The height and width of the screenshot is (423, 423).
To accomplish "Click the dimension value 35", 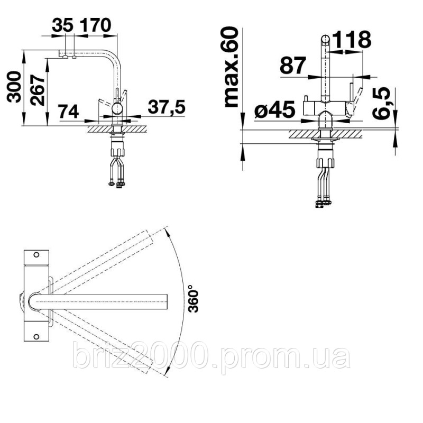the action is click(62, 25).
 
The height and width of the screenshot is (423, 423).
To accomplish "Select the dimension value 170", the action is click(96, 25).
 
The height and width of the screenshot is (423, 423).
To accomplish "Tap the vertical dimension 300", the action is click(14, 87).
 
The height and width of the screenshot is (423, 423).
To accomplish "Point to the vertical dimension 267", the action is click(38, 90).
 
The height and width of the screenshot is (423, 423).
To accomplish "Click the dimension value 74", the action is click(69, 111).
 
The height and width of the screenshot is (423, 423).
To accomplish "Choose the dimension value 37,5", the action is click(167, 106).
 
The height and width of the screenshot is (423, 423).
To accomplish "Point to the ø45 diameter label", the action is click(274, 109).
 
